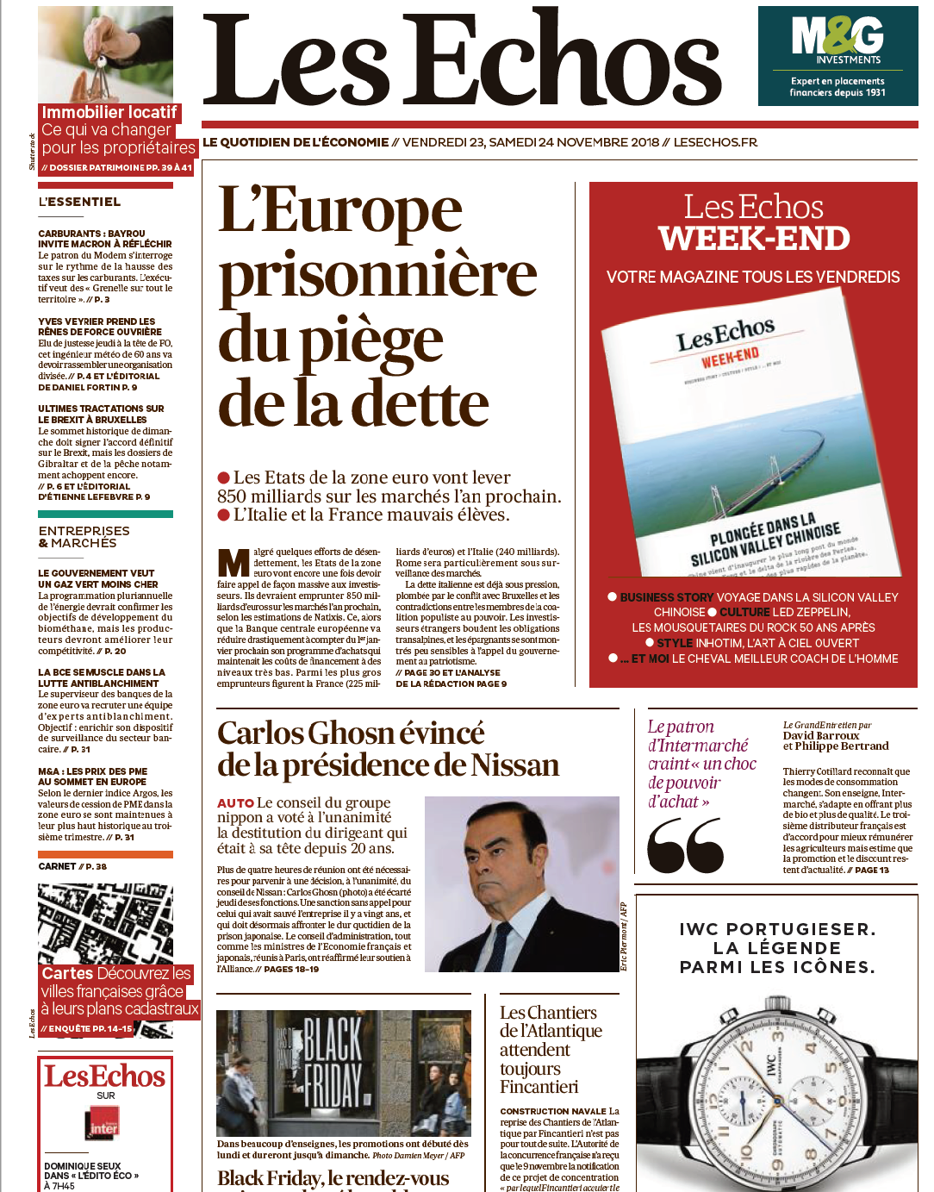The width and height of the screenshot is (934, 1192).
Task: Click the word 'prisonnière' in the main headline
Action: coord(377,275)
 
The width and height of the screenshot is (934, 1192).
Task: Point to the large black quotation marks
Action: coord(685,846)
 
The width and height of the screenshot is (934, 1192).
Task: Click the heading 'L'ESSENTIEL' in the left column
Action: coord(79,202)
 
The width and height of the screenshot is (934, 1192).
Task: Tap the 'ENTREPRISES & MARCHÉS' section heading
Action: coord(84,537)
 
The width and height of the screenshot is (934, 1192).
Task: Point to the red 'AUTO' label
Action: coord(235,803)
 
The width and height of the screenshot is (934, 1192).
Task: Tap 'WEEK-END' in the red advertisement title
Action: coord(754,239)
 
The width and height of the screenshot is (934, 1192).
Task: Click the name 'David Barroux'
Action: coord(820,735)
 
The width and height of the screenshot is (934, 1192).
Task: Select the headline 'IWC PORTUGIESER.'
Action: coord(777,929)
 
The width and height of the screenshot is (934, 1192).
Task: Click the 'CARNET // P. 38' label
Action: coord(72,866)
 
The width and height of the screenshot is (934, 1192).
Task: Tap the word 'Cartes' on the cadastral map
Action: coord(67,973)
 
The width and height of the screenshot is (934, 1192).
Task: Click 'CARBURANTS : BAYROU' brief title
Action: coord(91,234)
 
